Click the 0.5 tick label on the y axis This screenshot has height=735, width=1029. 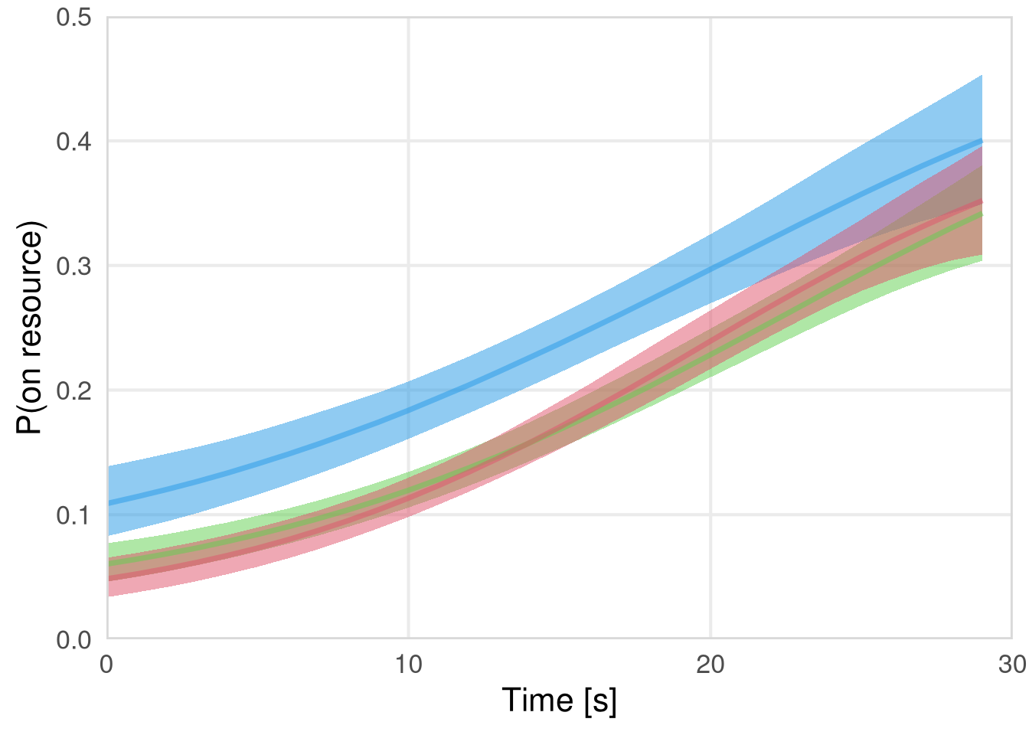[x=73, y=17]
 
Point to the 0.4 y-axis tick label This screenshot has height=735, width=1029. [x=73, y=142]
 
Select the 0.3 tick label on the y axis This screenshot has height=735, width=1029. [x=73, y=266]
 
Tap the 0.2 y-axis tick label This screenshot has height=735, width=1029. [x=73, y=390]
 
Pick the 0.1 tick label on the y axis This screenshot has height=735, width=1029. [x=73, y=514]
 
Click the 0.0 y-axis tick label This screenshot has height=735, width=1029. [x=73, y=639]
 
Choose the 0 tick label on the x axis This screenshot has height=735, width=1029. [x=107, y=664]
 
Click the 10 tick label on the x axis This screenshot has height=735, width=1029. [x=409, y=664]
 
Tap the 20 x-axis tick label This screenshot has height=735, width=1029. [x=710, y=664]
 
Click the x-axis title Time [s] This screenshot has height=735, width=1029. [x=559, y=700]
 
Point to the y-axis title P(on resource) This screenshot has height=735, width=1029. [x=30, y=328]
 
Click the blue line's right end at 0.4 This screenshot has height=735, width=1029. [x=982, y=141]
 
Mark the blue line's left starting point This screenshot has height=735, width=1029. [x=108, y=503]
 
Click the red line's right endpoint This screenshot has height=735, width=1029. [x=982, y=201]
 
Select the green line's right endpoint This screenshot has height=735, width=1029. [x=982, y=214]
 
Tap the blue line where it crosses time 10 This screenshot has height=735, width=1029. [x=409, y=410]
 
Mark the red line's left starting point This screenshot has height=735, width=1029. [x=108, y=579]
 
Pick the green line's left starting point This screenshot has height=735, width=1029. [x=108, y=563]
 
